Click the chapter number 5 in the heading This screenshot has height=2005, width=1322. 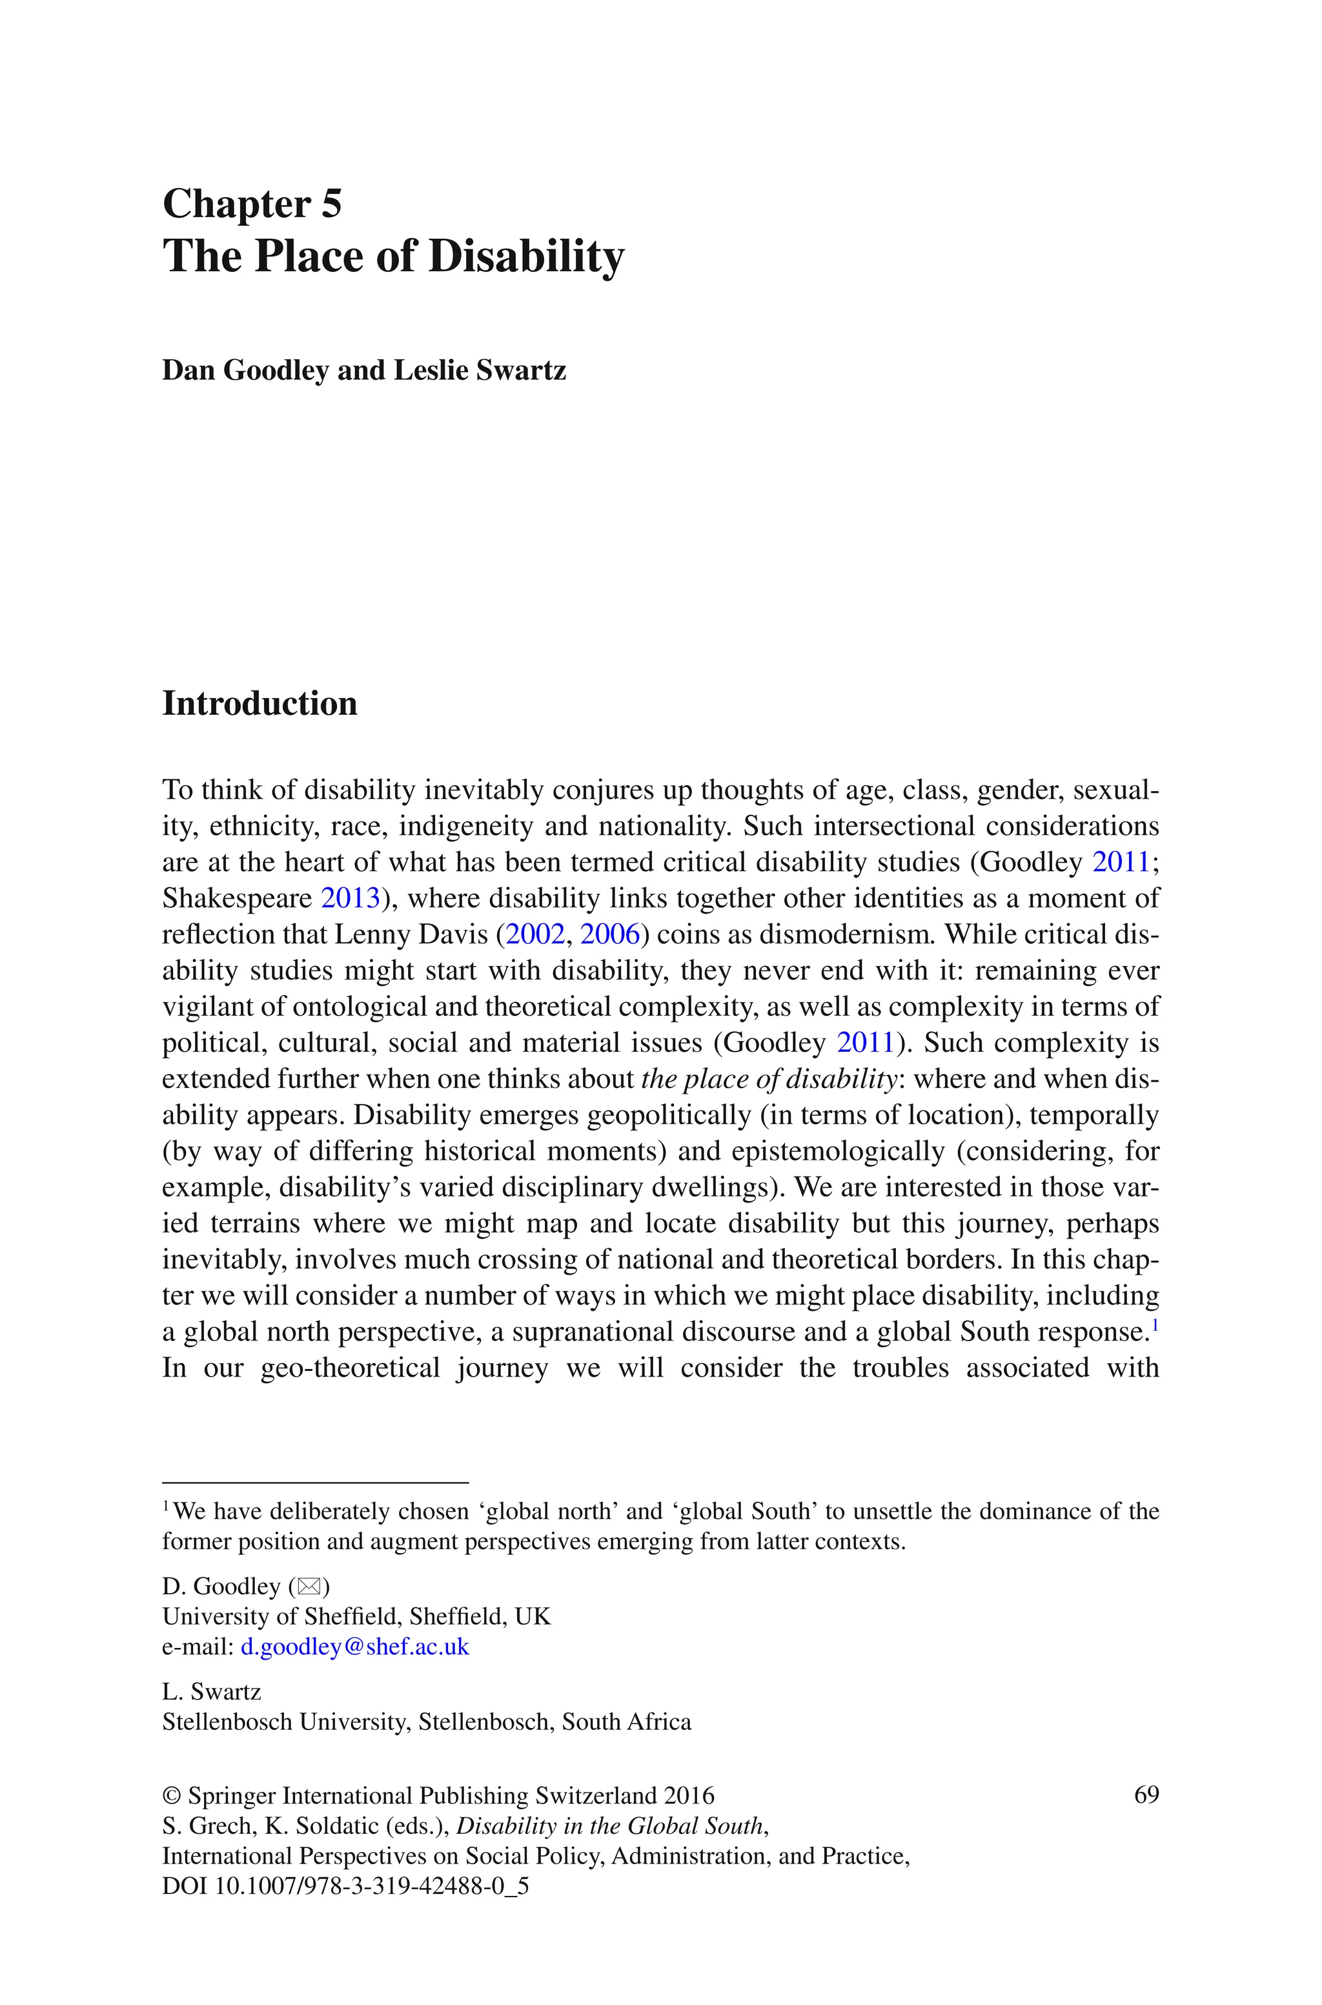330,204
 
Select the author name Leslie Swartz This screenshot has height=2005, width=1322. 480,370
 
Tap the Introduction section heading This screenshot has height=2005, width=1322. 259,703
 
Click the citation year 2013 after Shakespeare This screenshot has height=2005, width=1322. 350,898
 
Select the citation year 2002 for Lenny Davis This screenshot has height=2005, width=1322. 534,934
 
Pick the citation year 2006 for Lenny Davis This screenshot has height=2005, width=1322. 609,934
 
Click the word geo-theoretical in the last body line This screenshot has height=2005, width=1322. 350,1367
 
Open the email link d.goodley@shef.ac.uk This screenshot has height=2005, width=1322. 355,1647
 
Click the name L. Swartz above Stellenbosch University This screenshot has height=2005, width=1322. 211,1691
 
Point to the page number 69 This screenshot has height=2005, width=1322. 1146,1794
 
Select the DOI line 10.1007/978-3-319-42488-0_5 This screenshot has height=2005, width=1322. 346,1886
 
